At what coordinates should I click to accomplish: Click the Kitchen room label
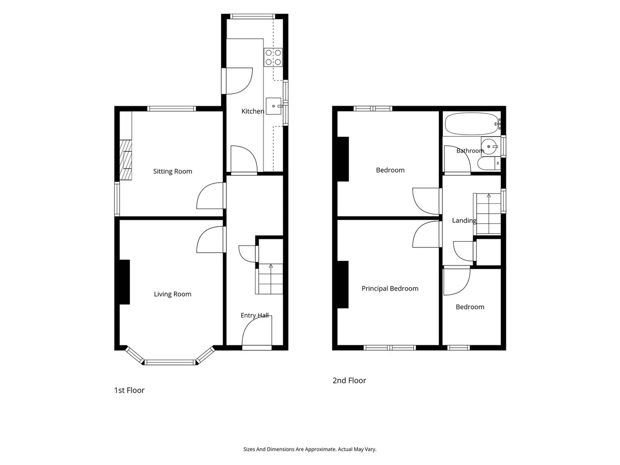click(253, 111)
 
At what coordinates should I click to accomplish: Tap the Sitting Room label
click(172, 171)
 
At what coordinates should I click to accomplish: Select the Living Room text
click(172, 294)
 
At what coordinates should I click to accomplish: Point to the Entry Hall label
click(254, 315)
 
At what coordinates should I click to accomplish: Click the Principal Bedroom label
click(390, 289)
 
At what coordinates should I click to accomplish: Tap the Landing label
click(464, 220)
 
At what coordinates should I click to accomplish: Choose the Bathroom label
click(470, 151)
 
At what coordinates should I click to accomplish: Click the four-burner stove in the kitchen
click(273, 57)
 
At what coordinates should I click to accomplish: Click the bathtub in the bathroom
click(472, 124)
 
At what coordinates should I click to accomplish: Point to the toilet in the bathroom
click(489, 163)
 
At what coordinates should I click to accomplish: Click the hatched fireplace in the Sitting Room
click(125, 160)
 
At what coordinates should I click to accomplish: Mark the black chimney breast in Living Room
click(124, 282)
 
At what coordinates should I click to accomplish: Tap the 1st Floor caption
click(129, 390)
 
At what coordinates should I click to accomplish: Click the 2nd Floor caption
click(349, 381)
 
